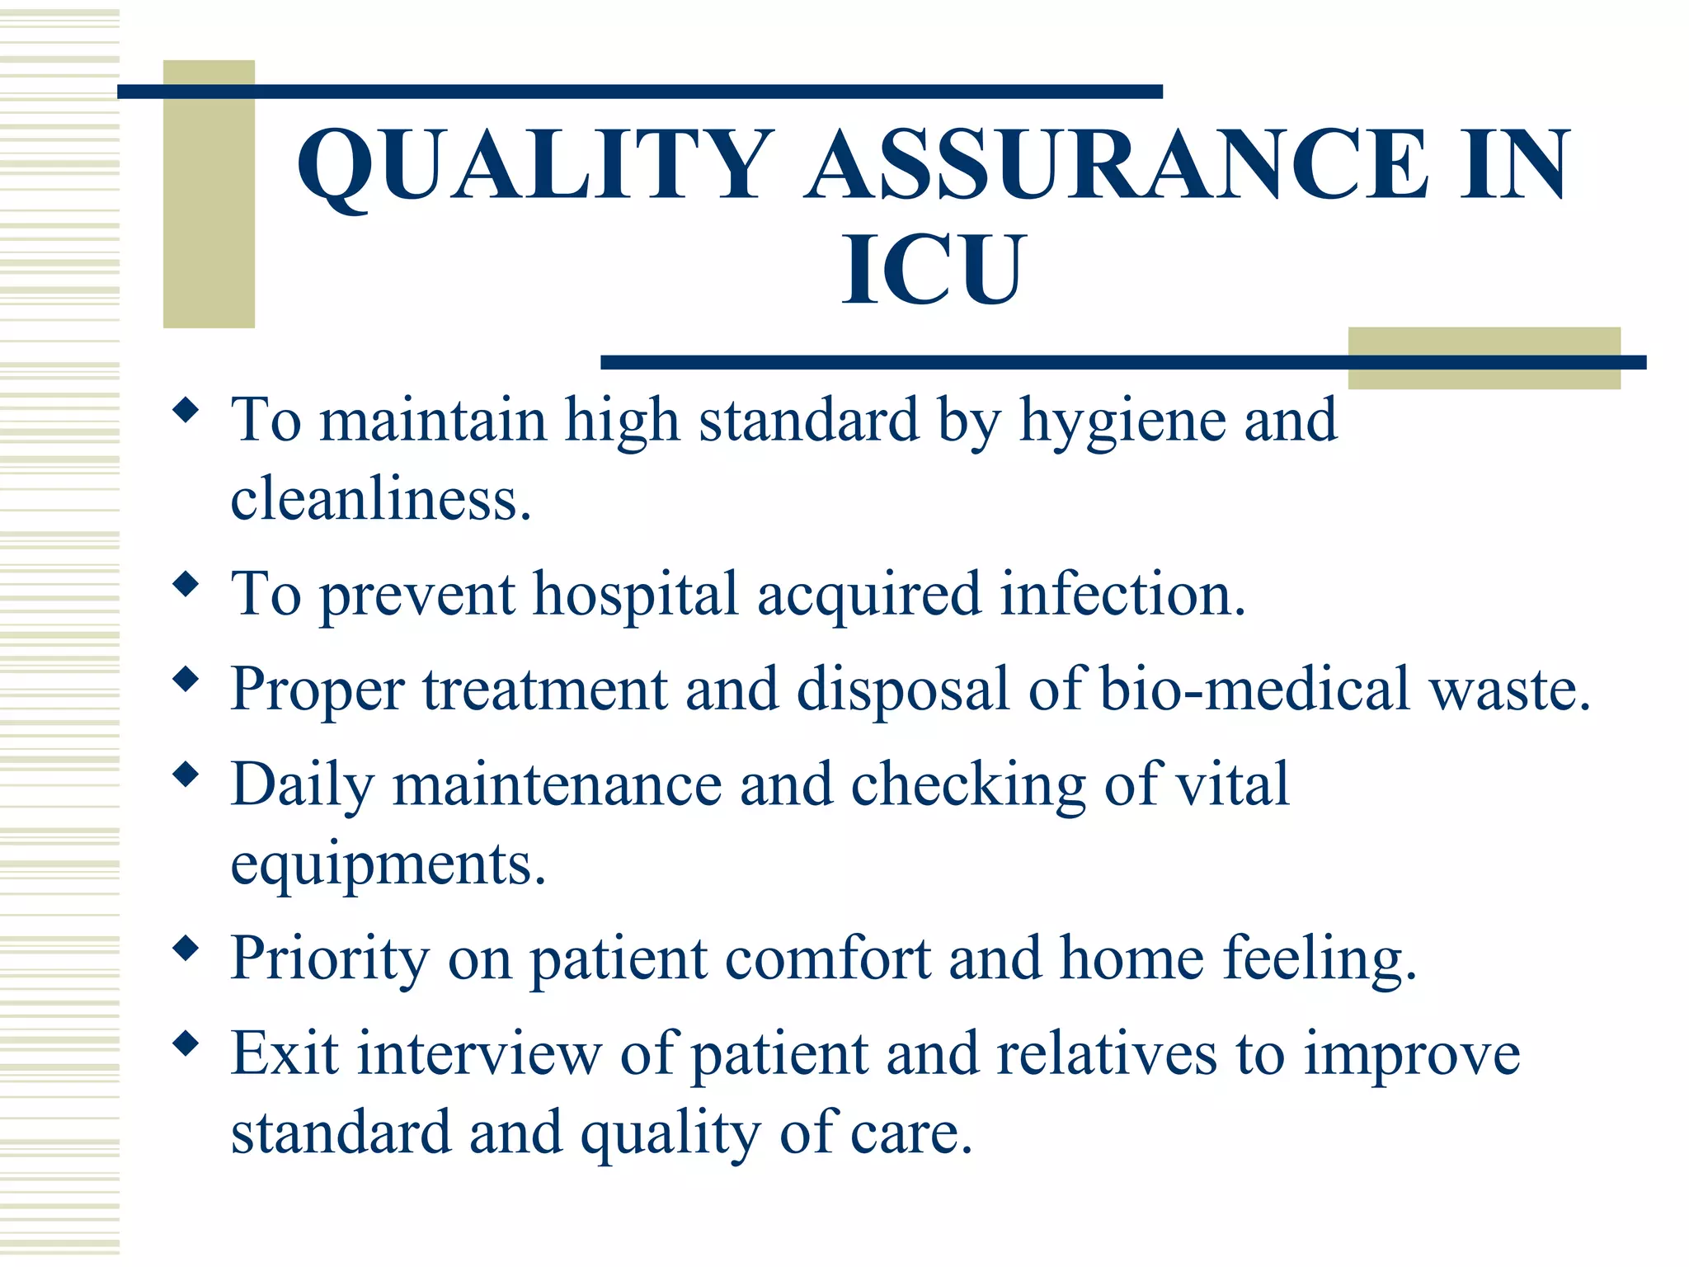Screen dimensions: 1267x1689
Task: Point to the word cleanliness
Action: pyautogui.click(x=380, y=499)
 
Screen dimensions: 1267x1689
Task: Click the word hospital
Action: pyautogui.click(x=635, y=596)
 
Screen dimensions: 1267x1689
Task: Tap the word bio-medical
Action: pyautogui.click(x=1254, y=689)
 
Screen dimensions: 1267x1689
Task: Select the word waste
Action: pyautogui.click(x=1509, y=690)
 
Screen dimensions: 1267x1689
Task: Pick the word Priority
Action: pyautogui.click(x=330, y=959)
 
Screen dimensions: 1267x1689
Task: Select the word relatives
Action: pyautogui.click(x=1106, y=1053)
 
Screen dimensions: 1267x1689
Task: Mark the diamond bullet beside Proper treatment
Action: pyautogui.click(x=187, y=680)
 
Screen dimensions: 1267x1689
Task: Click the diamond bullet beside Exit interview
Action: pyautogui.click(x=187, y=1044)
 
